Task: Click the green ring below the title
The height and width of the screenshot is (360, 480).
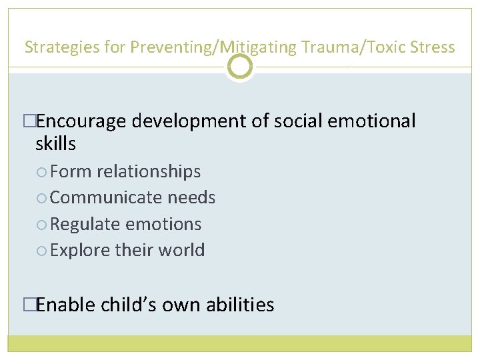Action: pos(240,67)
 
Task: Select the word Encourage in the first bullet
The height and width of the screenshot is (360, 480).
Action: pos(81,121)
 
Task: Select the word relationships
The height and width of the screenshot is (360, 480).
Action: pos(149,171)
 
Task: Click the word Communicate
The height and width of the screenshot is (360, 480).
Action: pos(106,197)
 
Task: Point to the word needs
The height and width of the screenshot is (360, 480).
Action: pos(191,197)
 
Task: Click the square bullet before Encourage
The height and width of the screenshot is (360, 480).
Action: pos(29,121)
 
